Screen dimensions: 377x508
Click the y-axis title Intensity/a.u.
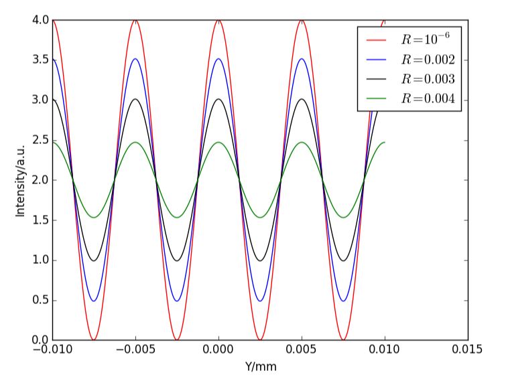click(x=21, y=180)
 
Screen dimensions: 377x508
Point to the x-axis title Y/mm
click(x=259, y=366)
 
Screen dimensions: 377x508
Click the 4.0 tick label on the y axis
click(x=40, y=20)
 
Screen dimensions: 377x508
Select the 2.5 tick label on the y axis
click(x=40, y=140)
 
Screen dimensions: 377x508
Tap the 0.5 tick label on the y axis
click(x=40, y=300)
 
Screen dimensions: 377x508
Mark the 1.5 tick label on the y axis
click(x=40, y=220)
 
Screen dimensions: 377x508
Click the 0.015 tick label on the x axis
click(x=467, y=350)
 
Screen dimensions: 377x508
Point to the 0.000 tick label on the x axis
click(x=218, y=350)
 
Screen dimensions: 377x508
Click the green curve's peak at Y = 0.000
click(x=218, y=142)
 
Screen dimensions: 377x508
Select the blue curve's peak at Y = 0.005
click(x=302, y=59)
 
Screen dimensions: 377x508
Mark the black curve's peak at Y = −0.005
click(x=135, y=99)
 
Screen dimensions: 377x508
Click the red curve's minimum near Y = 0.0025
click(x=260, y=340)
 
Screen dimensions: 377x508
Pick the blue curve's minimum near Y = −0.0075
click(x=94, y=301)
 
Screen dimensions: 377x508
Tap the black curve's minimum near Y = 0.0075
click(x=343, y=260)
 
